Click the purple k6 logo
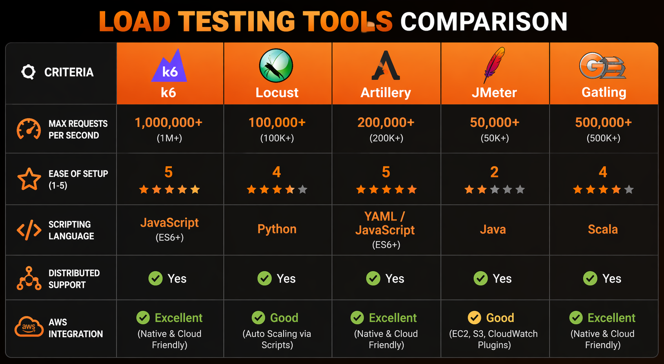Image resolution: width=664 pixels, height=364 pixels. coord(169,67)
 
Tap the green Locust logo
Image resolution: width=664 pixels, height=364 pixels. coord(276,65)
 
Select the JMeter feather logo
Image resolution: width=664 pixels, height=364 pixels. coord(493,64)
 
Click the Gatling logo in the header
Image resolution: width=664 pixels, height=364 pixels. coord(602,65)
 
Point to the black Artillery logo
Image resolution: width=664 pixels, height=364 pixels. coord(386,65)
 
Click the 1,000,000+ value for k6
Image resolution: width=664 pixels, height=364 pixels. coord(169,123)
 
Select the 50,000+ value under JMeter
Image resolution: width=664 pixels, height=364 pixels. coord(495,123)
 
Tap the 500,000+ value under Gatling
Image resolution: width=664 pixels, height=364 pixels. coord(603,123)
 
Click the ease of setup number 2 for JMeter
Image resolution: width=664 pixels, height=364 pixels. coord(494,172)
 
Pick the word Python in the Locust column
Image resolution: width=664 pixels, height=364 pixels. coord(277,229)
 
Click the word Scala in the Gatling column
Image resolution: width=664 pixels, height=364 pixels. coord(603,229)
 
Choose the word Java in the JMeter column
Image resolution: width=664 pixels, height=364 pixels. coord(493,229)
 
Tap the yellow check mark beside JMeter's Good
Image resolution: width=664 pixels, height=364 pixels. coord(474,318)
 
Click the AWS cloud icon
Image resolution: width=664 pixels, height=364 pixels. coord(29,326)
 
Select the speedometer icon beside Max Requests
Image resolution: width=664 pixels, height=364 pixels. coord(29,129)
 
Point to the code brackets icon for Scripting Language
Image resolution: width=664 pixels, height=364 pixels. coord(29,230)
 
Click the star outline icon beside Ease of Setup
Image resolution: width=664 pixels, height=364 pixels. coord(29,179)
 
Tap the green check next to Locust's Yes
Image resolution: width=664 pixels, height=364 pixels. coord(264,279)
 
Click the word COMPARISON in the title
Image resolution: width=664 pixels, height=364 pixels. coord(484,22)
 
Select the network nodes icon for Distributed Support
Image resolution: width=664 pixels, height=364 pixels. coord(29,279)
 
